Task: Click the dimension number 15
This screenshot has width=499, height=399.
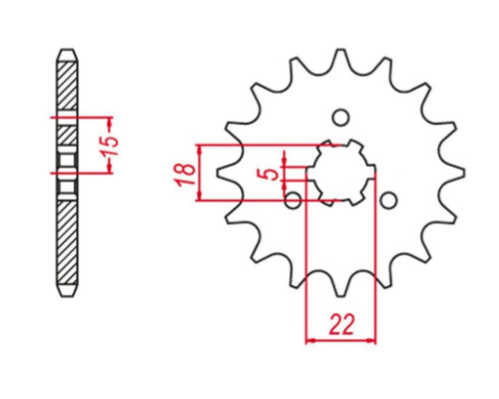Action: (110, 146)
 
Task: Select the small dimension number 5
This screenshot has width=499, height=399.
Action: (272, 174)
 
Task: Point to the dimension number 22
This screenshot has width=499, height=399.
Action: (341, 324)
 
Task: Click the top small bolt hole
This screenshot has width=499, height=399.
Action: (341, 118)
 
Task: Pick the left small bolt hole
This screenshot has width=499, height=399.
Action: (293, 200)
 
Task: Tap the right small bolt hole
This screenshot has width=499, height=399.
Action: (388, 200)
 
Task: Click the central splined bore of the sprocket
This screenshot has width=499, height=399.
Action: (341, 173)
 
